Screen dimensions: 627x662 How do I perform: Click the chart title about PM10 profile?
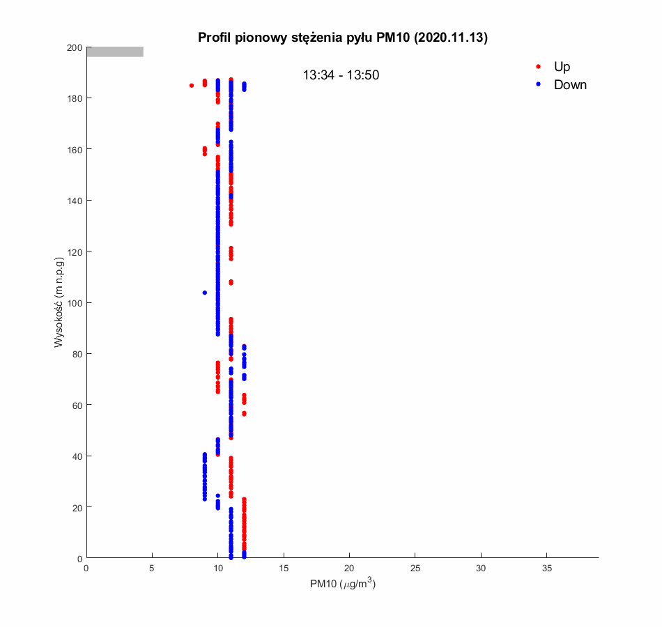(x=342, y=38)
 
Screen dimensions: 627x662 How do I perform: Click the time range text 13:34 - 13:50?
(x=341, y=75)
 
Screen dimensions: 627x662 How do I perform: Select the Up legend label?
(x=562, y=67)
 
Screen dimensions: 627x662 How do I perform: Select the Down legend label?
(x=570, y=85)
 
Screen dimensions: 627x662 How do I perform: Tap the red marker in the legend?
(x=538, y=67)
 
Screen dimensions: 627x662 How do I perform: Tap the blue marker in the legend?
(x=538, y=84)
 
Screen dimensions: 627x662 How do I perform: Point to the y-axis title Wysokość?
(x=60, y=302)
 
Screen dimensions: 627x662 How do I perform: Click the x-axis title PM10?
(x=342, y=585)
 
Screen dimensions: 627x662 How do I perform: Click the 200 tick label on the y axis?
(x=75, y=47)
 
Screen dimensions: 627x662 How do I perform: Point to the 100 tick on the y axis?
(x=75, y=302)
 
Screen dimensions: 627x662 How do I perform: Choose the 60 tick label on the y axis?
(x=77, y=405)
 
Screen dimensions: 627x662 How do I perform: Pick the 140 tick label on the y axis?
(x=75, y=201)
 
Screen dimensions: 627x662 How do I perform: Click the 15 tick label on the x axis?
(x=284, y=569)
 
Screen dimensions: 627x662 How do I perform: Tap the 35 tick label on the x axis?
(x=547, y=569)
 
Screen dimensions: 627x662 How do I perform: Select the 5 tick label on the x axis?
(x=152, y=569)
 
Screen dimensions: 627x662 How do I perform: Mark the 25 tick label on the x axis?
(x=415, y=569)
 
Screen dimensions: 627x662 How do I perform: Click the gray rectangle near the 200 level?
(x=115, y=52)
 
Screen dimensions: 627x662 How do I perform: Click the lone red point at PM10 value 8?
(x=192, y=86)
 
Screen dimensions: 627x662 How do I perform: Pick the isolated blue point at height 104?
(x=205, y=293)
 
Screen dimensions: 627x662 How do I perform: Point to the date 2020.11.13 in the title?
(x=450, y=38)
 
